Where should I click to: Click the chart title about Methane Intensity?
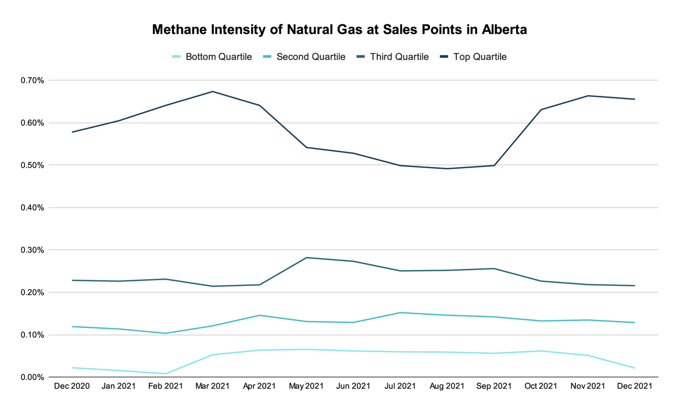coord(339,30)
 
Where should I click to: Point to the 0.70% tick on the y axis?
coord(32,80)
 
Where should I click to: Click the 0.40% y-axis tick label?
coord(32,208)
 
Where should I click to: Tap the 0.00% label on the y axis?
coord(32,377)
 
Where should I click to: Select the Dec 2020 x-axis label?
coord(72,387)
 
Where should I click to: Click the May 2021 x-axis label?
coord(306,387)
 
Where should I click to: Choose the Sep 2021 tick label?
coord(494,387)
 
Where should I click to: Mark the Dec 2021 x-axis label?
coord(634,387)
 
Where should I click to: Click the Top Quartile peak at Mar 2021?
coord(213,91)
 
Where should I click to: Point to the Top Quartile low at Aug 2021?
coord(448,169)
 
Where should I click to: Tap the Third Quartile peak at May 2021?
coord(306,258)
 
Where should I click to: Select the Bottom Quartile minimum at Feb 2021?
coord(166,374)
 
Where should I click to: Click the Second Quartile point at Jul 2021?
coord(401,312)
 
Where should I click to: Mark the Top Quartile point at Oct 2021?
coord(542,109)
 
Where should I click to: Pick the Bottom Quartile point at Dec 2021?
coord(634,368)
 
